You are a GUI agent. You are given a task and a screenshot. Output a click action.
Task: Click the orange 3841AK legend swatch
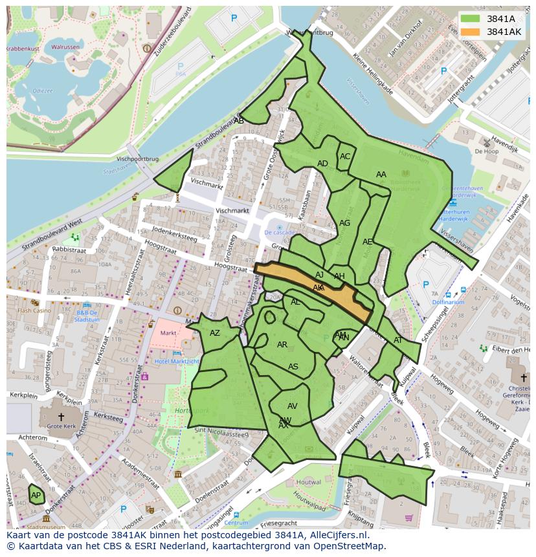point(471,32)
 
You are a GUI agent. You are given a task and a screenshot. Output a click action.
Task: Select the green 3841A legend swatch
point(471,19)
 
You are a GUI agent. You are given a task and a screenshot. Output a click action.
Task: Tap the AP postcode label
point(36,496)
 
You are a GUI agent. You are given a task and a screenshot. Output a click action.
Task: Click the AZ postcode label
point(215,333)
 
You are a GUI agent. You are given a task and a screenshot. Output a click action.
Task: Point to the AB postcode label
point(239,121)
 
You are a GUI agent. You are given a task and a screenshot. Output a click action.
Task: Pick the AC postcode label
point(345,157)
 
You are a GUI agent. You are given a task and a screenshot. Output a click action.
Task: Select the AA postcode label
point(381,175)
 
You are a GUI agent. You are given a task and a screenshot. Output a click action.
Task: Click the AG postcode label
point(344,223)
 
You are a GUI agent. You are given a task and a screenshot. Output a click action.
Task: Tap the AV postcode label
point(292,406)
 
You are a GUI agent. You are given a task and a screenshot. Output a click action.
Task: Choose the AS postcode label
point(293,367)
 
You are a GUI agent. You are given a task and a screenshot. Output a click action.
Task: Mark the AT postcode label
point(397,340)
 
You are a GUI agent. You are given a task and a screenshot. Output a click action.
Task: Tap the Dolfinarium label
point(448,302)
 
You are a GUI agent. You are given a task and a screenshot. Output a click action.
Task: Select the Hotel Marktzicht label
point(176,361)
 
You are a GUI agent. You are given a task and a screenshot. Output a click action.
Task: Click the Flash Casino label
point(34,311)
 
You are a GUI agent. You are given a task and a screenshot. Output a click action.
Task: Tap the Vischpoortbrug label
point(137,158)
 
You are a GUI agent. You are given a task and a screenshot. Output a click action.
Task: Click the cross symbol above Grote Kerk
point(61,417)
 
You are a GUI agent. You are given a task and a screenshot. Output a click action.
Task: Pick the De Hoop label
point(486,151)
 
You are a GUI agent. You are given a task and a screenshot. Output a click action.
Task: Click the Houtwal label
point(308,482)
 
